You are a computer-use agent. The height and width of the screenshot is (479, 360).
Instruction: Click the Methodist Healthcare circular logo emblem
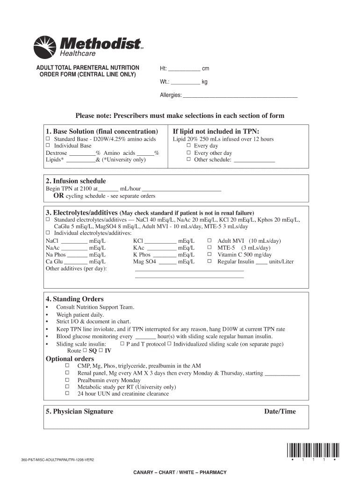[x=45, y=47]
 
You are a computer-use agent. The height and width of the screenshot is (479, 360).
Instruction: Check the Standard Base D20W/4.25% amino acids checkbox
[x=48, y=139]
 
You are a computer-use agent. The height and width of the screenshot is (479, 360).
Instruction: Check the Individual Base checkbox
[x=48, y=146]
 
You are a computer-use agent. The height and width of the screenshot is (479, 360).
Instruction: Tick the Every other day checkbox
[x=189, y=153]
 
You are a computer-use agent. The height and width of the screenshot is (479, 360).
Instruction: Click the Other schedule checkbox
[x=189, y=160]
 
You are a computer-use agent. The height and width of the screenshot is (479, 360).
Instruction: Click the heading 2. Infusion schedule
[x=76, y=181]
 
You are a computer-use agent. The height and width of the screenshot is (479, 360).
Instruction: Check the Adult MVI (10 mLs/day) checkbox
[x=209, y=241]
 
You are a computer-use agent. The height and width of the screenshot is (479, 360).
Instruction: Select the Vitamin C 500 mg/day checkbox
[x=209, y=254]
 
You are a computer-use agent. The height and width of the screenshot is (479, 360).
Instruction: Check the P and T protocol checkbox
[x=122, y=344]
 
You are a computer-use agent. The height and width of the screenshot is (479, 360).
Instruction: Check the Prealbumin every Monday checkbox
[x=67, y=380]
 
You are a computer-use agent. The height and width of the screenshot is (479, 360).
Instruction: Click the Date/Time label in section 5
[x=280, y=412]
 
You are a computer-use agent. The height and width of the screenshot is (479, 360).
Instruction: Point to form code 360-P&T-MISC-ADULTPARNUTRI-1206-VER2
[x=61, y=460]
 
